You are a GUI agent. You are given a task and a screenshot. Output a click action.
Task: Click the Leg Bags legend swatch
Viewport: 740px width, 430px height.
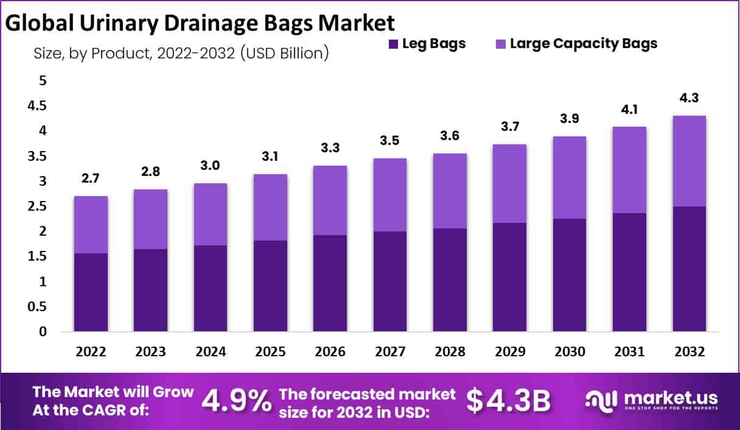[393, 44]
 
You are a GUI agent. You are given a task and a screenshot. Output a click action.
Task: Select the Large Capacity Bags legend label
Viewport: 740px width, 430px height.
[584, 44]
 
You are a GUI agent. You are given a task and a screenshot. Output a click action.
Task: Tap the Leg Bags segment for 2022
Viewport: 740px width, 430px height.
[91, 292]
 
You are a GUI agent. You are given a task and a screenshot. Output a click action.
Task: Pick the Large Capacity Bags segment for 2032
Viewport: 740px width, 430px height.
[689, 161]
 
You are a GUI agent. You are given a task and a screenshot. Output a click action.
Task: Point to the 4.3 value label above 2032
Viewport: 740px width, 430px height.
[689, 97]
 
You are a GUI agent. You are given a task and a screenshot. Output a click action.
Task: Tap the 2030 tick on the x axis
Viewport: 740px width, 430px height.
[570, 353]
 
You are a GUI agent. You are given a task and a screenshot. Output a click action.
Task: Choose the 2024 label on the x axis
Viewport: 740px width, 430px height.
[211, 353]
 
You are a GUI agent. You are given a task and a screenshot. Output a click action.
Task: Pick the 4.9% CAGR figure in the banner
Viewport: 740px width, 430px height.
[236, 401]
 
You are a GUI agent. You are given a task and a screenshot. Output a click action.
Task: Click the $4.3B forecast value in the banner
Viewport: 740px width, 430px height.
[509, 401]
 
